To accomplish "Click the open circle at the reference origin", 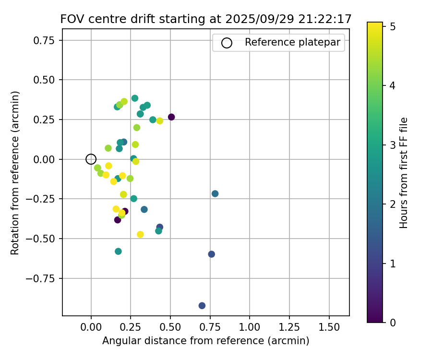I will click(x=91, y=159).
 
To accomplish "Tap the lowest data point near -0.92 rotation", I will click(x=202, y=306).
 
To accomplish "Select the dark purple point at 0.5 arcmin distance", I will click(x=171, y=117).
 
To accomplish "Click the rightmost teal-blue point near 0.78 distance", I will click(x=215, y=194).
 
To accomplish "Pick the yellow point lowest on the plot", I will click(x=140, y=234).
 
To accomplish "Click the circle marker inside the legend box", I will click(x=227, y=43).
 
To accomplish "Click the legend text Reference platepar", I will click(x=292, y=42).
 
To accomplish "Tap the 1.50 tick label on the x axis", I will click(x=329, y=327).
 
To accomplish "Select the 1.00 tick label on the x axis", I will click(x=250, y=327).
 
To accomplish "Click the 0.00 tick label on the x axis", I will click(x=91, y=327).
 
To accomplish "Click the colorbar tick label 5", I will click(x=392, y=26).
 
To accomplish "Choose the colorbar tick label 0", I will click(x=392, y=323).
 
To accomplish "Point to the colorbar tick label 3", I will click(x=392, y=145).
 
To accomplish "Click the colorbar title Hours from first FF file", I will click(x=404, y=173).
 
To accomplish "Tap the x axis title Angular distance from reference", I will click(x=205, y=341).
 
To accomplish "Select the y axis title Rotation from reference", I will click(x=15, y=173).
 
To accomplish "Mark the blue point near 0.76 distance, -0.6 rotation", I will click(x=212, y=254).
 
